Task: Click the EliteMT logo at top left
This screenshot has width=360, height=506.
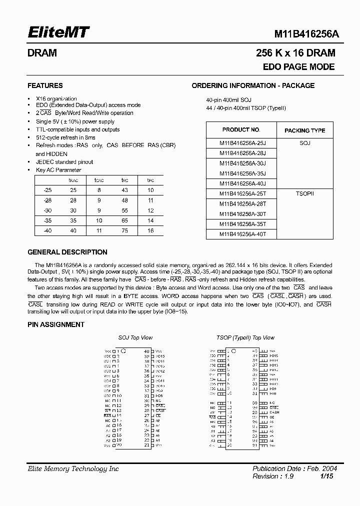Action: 57,33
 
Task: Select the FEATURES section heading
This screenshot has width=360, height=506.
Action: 45,85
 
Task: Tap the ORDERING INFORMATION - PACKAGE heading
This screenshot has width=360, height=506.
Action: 253,85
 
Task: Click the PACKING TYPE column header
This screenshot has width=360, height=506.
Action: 304,130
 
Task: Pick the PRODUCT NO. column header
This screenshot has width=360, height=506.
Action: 241,129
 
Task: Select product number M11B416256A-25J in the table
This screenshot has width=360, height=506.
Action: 242,142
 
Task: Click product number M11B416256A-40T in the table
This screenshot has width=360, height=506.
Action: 242,233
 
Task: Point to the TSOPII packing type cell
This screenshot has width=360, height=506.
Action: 304,193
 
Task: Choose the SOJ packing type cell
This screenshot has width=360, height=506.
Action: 304,142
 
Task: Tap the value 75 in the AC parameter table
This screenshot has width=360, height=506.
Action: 124,230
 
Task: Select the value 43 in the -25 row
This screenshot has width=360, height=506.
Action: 124,190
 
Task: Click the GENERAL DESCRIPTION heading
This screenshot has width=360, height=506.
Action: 67,252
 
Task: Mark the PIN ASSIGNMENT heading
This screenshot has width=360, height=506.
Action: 56,324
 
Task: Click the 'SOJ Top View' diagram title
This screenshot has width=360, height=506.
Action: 135,338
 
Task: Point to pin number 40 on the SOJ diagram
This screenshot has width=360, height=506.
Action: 146,351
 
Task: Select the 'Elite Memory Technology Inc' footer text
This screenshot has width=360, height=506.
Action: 73,469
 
